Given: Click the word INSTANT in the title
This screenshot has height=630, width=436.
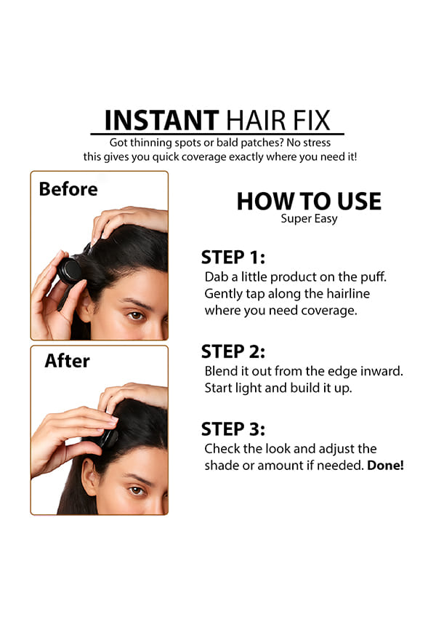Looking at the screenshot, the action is point(161,120).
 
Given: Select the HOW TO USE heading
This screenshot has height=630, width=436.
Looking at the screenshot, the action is point(309,202).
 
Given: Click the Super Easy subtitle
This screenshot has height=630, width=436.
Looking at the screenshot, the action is point(309,219).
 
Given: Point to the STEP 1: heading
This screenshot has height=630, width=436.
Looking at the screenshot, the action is point(233,258).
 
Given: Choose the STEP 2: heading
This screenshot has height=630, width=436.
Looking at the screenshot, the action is point(233,351).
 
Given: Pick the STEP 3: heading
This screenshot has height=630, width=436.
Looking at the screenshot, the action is point(233,429).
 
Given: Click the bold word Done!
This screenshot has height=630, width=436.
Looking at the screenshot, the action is point(385,466).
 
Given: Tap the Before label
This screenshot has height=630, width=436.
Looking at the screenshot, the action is point(68,189).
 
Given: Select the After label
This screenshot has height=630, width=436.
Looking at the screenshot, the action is point(67,361).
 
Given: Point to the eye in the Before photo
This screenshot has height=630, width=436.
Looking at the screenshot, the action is point(136,316).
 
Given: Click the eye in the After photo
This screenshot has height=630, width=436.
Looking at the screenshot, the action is point(137,490).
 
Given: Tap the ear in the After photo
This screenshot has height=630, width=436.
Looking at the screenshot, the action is point(89,477).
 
